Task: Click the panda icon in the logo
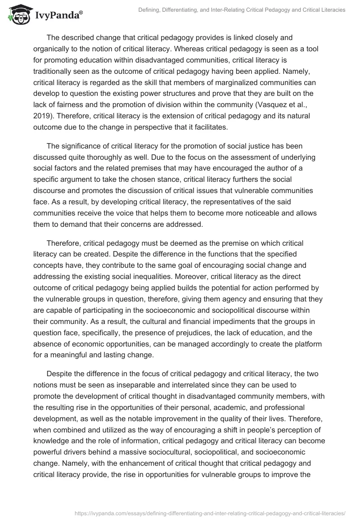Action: pos(18,14)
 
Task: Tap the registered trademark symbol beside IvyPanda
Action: pos(81,11)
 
